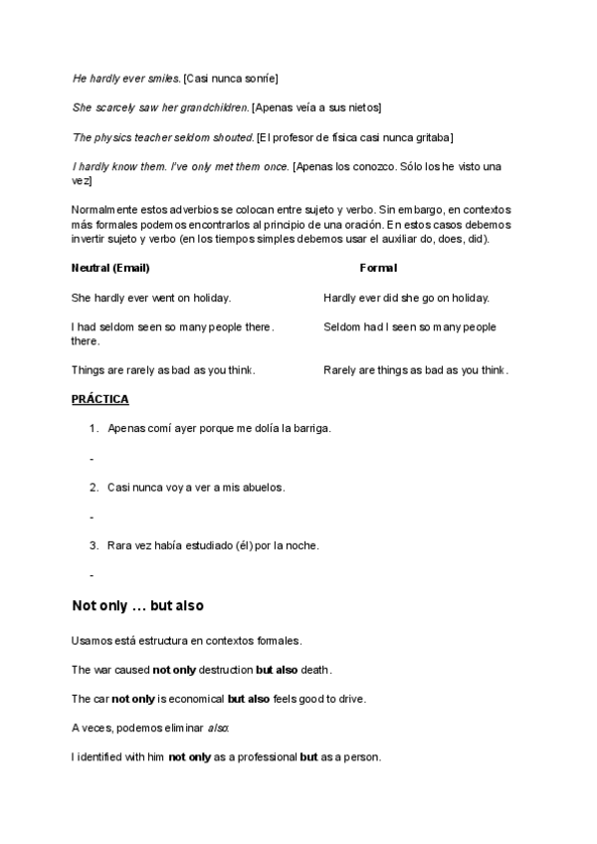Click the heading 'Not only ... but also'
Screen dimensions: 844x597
[x=137, y=606]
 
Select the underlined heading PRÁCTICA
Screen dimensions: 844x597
[x=99, y=400]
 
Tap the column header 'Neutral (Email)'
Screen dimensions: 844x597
[x=110, y=268]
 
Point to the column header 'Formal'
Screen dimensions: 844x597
[x=378, y=268]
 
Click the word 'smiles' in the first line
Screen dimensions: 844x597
[x=164, y=78]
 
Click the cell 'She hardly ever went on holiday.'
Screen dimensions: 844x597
[x=151, y=298]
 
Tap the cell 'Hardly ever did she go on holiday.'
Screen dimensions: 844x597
[x=406, y=298]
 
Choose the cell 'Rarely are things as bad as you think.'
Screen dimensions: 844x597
[x=416, y=370]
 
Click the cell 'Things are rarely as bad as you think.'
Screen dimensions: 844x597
[x=163, y=370]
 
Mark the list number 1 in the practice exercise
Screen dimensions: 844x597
[x=93, y=429]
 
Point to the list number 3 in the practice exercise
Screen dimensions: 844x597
[x=93, y=545]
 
